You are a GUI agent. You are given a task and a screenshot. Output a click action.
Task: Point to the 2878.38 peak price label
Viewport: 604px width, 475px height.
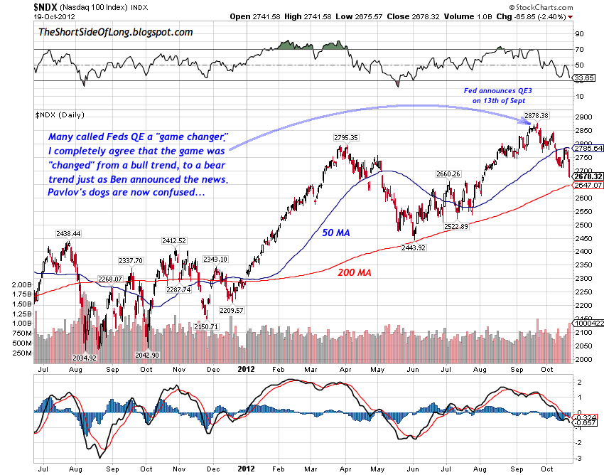pos(536,115)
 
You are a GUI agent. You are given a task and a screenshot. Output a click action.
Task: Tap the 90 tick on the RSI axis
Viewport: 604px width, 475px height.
pos(579,34)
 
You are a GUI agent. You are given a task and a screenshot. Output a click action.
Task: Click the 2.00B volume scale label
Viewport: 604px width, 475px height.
pos(20,284)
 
